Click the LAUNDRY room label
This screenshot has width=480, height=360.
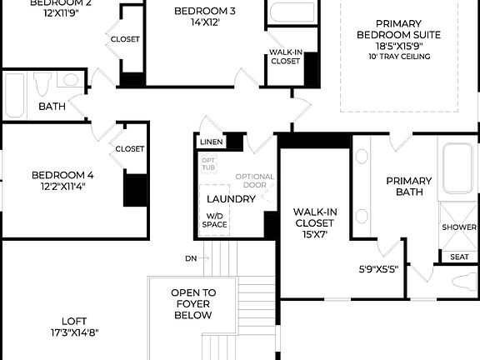230,199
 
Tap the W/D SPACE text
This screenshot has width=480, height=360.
216,220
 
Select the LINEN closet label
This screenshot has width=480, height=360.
211,142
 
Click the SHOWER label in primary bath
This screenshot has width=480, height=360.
458,227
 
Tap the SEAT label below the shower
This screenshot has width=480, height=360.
459,257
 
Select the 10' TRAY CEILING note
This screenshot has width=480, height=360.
398,57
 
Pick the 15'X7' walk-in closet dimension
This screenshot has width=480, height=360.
314,236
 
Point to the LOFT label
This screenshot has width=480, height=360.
73,320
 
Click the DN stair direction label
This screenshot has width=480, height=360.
191,258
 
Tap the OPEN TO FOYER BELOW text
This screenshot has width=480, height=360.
192,304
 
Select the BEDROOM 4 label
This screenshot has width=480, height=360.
62,175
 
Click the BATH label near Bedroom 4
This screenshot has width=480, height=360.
52,107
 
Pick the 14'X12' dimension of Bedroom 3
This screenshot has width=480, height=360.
205,22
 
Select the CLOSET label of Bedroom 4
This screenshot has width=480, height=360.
129,148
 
